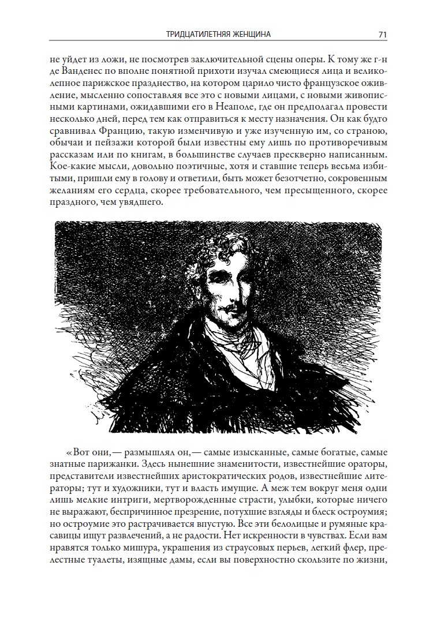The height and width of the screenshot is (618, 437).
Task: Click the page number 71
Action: click(382, 35)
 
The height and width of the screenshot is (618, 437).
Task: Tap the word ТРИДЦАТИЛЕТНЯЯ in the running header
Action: click(193, 35)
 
